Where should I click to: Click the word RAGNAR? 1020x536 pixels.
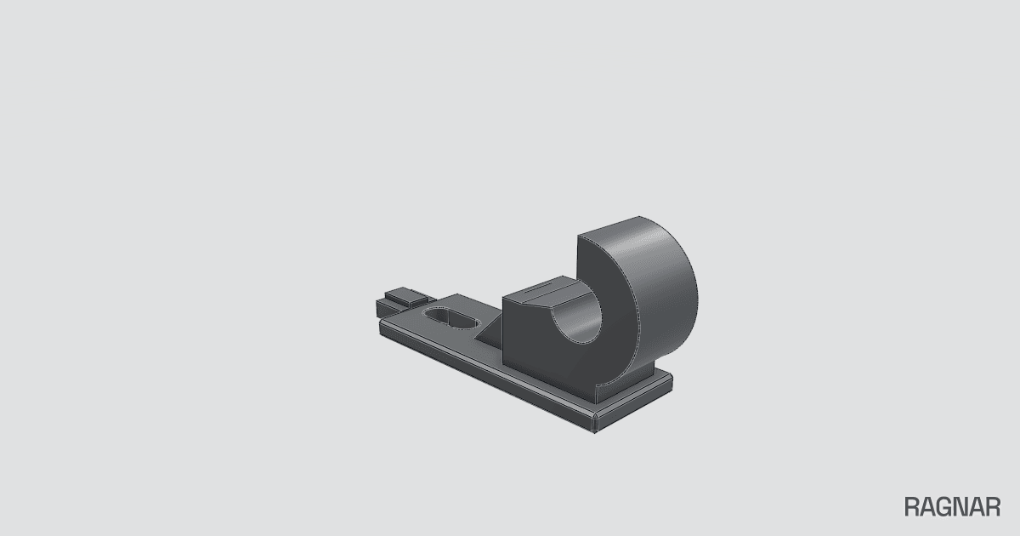tap(952, 507)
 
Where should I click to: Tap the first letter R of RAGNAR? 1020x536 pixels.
tap(912, 507)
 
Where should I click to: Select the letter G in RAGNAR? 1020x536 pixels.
tap(944, 507)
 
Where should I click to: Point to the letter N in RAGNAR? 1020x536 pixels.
tap(961, 507)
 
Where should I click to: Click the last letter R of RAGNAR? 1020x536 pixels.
tap(994, 507)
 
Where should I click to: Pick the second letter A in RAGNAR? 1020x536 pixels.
tap(977, 507)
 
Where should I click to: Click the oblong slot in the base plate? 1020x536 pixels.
tap(451, 317)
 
